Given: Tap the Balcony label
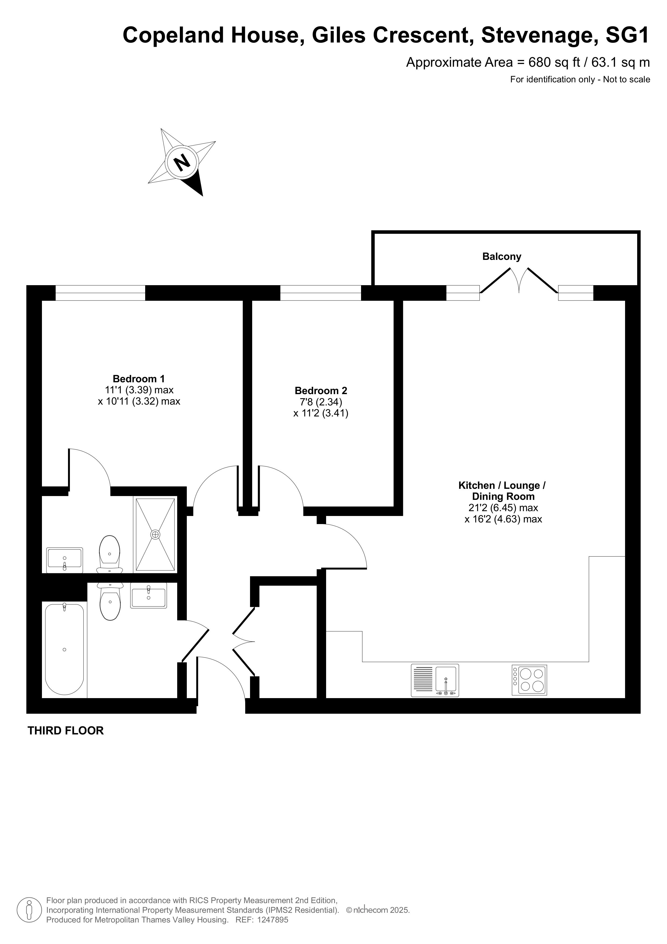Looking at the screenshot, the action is point(501,257).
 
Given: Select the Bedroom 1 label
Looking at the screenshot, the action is point(139,379).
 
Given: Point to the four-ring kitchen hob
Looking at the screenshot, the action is point(529,680).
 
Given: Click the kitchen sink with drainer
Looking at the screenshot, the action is point(435,680).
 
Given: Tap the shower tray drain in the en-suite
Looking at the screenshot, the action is point(155,535).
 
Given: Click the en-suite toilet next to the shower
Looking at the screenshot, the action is point(110,554).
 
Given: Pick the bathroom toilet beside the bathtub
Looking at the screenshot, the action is point(110,601).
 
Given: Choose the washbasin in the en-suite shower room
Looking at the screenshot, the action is point(65,560).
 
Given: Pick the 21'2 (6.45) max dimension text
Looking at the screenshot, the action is point(503,508).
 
